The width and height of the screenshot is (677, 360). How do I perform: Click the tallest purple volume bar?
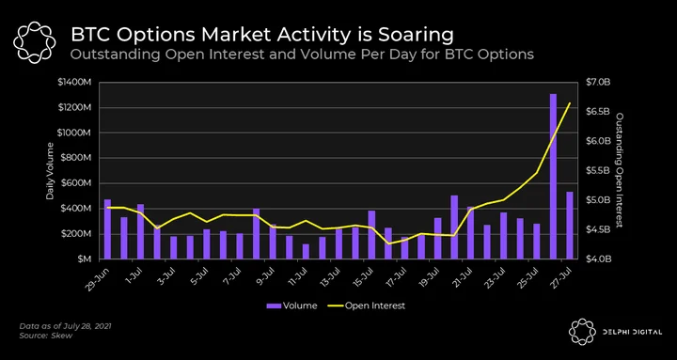pos(553,176)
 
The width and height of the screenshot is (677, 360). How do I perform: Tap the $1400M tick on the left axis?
pos(74,83)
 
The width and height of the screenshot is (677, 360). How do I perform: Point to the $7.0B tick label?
pos(598,83)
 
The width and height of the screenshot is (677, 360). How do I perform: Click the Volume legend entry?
pos(291,305)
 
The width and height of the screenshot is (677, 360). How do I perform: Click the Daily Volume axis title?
pos(51,170)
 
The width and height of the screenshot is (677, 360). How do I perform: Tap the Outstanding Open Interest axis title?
pos(619,170)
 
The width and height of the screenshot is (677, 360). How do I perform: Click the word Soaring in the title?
pos(417,35)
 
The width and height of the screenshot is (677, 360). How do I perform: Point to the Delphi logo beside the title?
pos(35,42)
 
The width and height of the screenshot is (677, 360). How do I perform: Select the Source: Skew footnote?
pos(46,336)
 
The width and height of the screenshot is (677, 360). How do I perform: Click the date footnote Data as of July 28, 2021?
pos(65,326)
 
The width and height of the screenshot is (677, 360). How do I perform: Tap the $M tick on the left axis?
pos(83,259)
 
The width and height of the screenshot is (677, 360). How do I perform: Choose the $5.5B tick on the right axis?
pos(598,171)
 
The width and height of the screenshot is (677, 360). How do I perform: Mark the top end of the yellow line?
pos(570,102)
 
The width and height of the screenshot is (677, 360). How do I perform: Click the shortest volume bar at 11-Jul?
pos(306,252)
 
